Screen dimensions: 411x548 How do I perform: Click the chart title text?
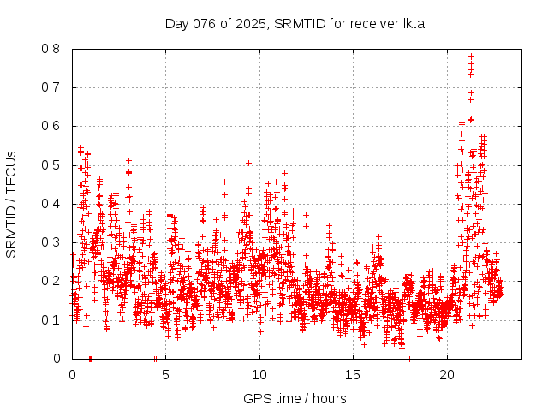pyautogui.click(x=295, y=23)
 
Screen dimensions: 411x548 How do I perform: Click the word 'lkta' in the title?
pyautogui.click(x=414, y=23)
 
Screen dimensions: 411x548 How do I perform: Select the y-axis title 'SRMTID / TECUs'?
pyautogui.click(x=11, y=204)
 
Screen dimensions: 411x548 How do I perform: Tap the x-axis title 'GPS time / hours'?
pyautogui.click(x=295, y=398)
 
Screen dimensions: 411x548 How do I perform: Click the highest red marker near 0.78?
pyautogui.click(x=471, y=57)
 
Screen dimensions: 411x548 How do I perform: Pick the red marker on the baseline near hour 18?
pyautogui.click(x=409, y=359)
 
